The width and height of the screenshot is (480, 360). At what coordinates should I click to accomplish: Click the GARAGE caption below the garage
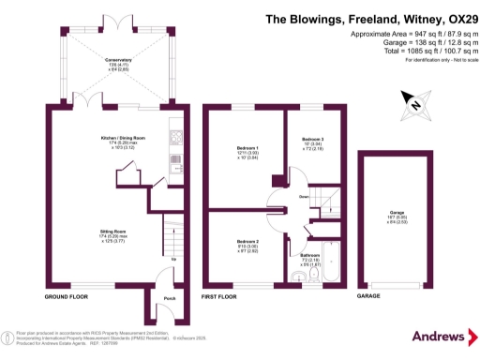point(367,296)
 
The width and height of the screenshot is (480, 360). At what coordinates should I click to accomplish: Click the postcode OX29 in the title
point(448,18)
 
